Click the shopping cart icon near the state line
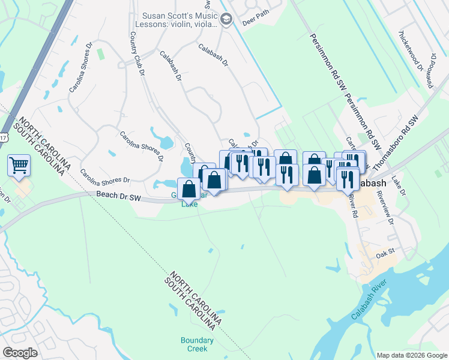[x=19, y=164]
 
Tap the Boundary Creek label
[x=194, y=344]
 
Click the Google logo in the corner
[x=20, y=353]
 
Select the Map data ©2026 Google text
[x=411, y=355]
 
